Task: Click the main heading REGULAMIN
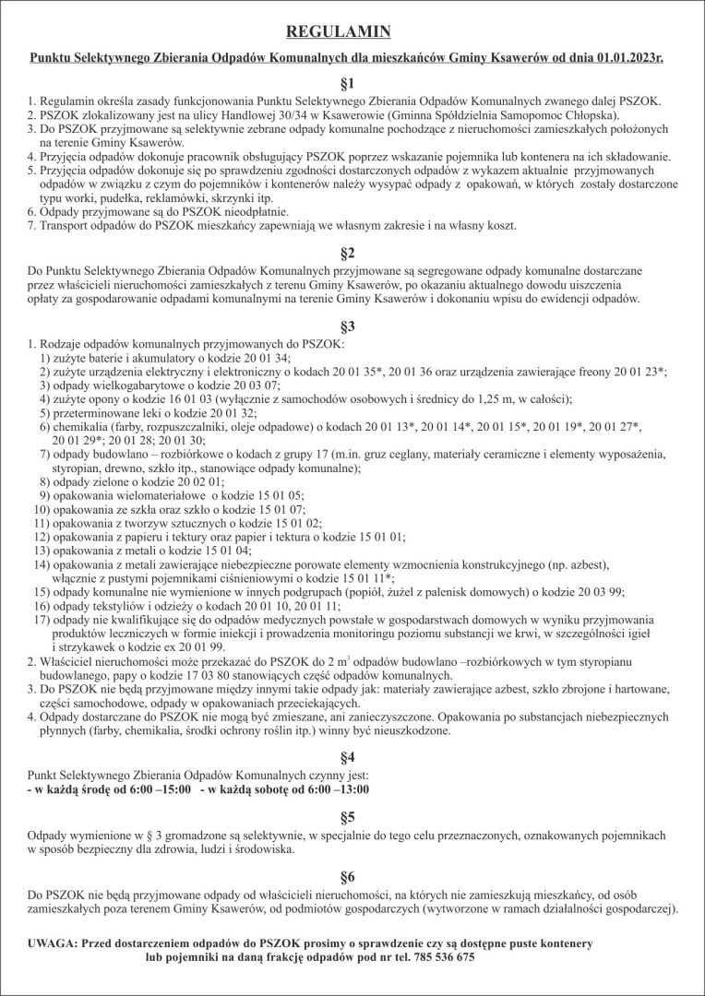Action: click(x=352, y=32)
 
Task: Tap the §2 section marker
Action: click(x=352, y=252)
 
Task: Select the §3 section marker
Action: click(x=352, y=326)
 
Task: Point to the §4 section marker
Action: click(x=352, y=757)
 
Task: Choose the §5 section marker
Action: click(x=352, y=817)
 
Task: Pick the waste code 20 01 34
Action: click(x=260, y=357)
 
